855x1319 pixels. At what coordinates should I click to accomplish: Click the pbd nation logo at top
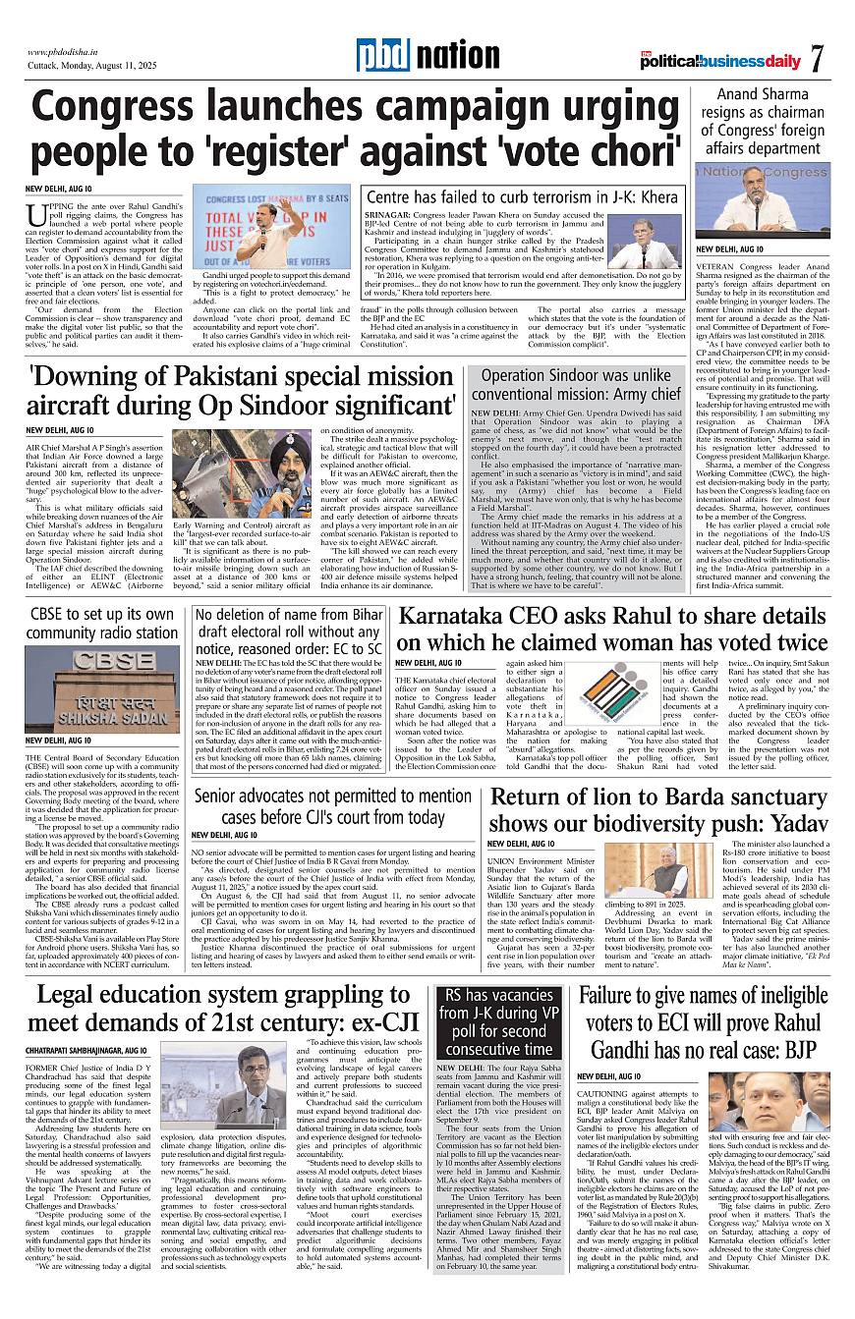click(x=427, y=56)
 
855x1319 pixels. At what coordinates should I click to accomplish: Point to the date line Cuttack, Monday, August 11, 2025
click(x=94, y=67)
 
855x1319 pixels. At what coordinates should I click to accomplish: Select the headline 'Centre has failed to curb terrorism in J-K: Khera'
click(x=522, y=197)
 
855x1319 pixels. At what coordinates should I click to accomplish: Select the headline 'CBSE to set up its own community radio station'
click(x=103, y=623)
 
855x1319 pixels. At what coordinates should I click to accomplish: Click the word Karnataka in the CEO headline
click(x=466, y=619)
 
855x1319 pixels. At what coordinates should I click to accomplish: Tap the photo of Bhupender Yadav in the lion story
click(x=646, y=870)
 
